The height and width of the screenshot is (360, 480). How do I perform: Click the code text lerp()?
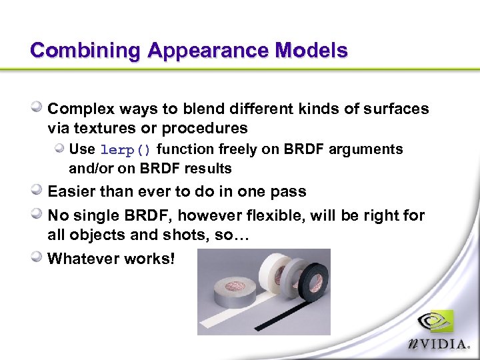click(x=125, y=149)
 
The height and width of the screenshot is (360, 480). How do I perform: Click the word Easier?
click(x=73, y=192)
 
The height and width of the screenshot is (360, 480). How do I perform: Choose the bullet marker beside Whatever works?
click(x=38, y=257)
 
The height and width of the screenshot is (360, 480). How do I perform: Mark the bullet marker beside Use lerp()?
click(x=60, y=149)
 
